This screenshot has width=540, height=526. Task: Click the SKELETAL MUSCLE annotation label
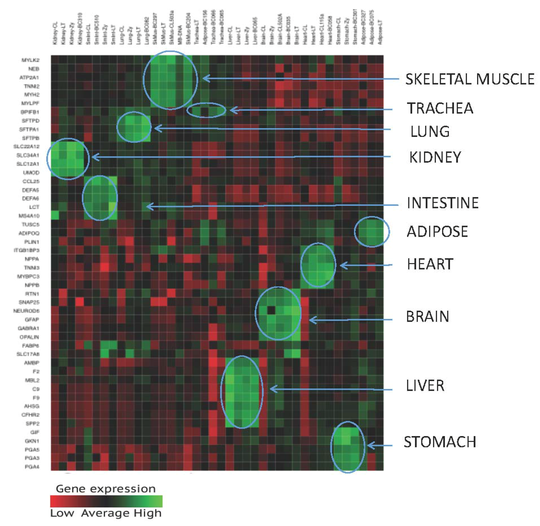[469, 79]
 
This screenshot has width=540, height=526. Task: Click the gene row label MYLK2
[30, 60]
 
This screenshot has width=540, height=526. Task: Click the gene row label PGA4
[32, 467]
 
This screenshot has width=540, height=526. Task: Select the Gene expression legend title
[106, 489]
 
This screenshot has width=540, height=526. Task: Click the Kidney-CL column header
[54, 33]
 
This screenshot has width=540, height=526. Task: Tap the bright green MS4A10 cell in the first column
[55, 215]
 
